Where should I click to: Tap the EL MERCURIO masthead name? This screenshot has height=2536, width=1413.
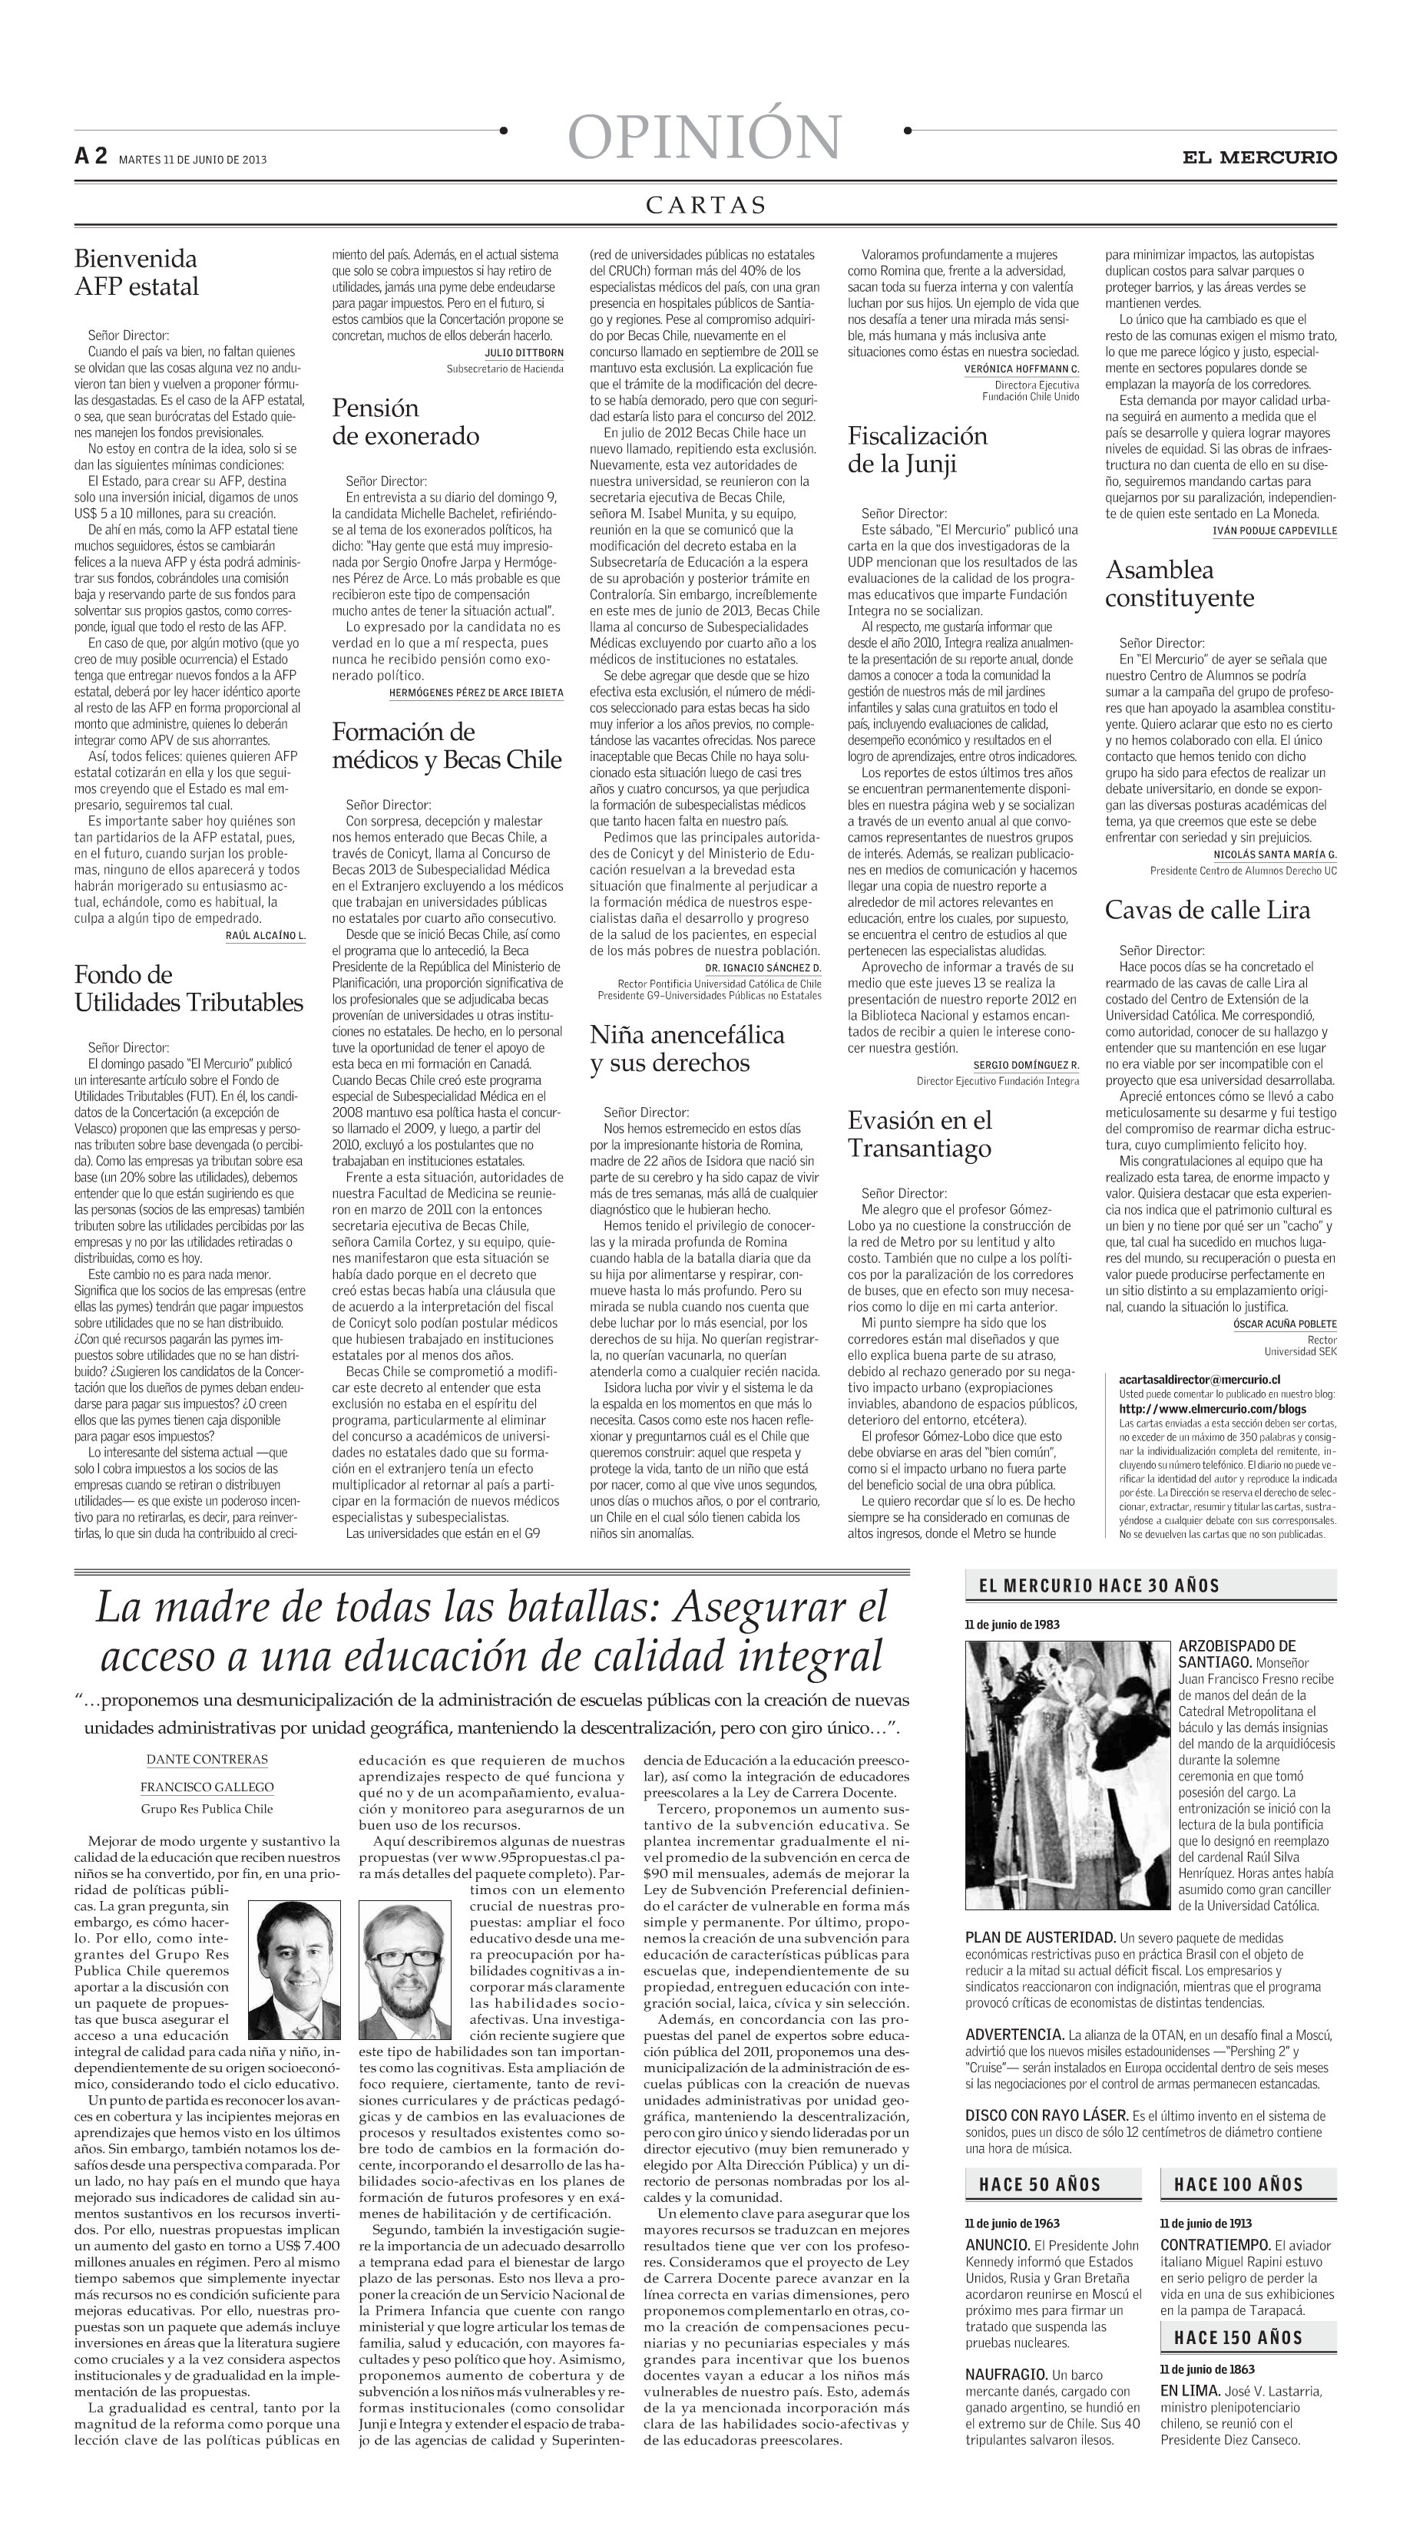[1259, 157]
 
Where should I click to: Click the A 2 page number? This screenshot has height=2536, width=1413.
[91, 157]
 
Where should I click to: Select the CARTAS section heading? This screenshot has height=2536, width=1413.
[705, 205]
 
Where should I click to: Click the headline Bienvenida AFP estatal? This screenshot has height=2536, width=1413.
[136, 273]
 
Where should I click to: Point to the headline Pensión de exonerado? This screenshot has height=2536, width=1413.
[405, 422]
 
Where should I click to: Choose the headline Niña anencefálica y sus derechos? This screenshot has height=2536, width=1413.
[687, 1049]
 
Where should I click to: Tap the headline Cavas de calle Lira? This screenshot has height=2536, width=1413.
[1206, 910]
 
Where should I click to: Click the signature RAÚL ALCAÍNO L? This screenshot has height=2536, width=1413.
[265, 935]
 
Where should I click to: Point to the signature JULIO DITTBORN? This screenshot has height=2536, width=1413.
[524, 352]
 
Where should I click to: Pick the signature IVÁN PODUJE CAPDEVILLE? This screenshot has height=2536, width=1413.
[1274, 531]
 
